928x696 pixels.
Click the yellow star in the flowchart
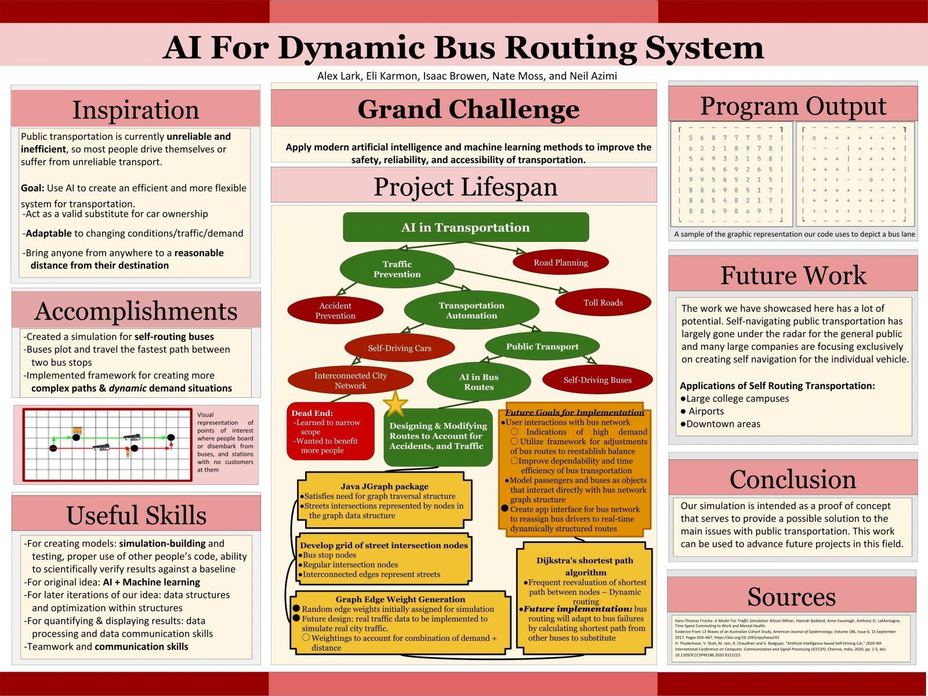click(395, 404)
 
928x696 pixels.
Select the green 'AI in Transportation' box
click(466, 227)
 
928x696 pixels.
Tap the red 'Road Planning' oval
click(561, 263)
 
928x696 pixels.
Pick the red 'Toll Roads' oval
click(603, 303)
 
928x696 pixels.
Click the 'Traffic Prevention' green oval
click(397, 269)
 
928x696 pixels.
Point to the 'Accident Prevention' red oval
click(335, 310)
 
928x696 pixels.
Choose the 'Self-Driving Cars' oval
click(400, 348)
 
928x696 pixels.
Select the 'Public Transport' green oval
click(542, 347)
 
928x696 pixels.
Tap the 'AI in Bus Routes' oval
click(478, 382)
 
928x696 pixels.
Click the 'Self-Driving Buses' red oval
click(597, 380)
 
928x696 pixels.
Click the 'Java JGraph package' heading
click(384, 487)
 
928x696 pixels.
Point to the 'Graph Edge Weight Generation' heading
click(400, 599)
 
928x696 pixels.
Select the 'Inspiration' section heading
click(136, 110)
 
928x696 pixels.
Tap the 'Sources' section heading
click(792, 597)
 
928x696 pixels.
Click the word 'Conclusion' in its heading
click(793, 479)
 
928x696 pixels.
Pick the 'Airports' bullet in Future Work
click(706, 411)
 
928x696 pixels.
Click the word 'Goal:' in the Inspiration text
click(32, 188)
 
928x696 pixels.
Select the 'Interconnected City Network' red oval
click(350, 380)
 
